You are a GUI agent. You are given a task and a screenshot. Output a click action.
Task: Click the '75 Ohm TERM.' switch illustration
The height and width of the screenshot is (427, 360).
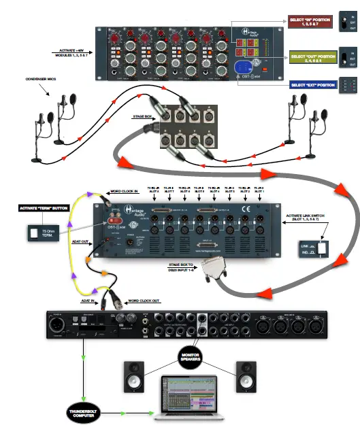click(x=42, y=233)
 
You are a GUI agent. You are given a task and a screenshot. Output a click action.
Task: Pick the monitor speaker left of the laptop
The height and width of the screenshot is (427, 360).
click(x=133, y=378)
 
